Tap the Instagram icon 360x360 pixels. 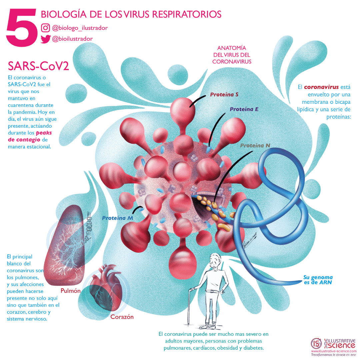click(x=45, y=28)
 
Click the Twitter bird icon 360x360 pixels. click(x=45, y=39)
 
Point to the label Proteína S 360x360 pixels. click(x=224, y=94)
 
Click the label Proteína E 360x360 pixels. click(x=244, y=109)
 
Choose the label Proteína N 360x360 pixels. click(x=255, y=146)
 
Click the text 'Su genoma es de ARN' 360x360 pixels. click(x=318, y=280)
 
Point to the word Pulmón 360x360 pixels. click(x=71, y=291)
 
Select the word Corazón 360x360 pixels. click(x=122, y=317)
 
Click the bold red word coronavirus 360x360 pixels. click(x=321, y=87)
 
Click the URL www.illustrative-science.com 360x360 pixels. click(x=334, y=351)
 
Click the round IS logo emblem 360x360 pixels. click(x=316, y=343)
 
